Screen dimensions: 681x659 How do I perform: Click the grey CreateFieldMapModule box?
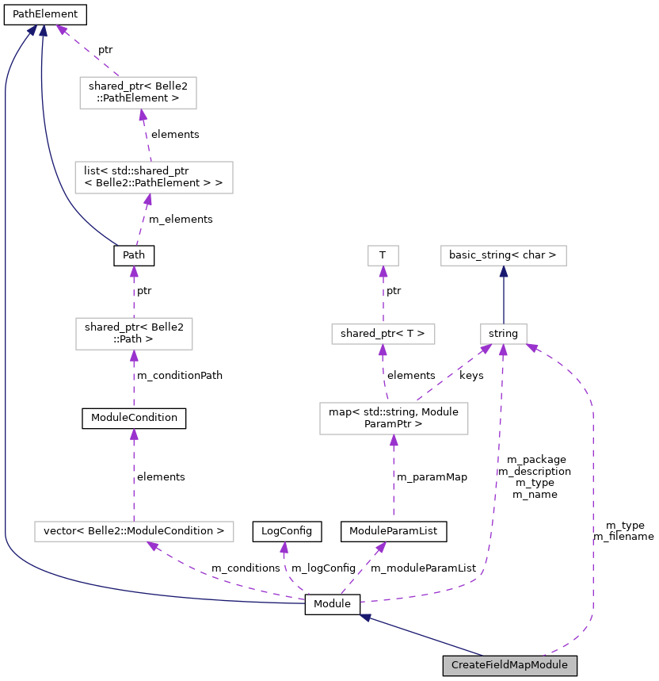tap(509, 665)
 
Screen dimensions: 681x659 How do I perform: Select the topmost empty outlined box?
tap(138, 93)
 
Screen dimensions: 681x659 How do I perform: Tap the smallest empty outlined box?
tap(383, 255)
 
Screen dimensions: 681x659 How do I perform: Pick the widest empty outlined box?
tap(134, 531)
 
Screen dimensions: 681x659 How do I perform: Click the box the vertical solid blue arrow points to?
tap(504, 255)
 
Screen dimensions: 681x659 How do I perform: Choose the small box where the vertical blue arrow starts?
tap(504, 334)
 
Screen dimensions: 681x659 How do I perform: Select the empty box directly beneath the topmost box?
tap(154, 178)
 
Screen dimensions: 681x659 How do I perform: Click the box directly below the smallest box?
tap(383, 334)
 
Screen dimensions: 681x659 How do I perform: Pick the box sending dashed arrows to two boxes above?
tap(394, 419)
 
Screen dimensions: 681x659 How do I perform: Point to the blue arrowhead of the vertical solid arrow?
tap(504, 271)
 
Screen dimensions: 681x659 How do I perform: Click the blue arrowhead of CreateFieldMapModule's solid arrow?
tap(365, 617)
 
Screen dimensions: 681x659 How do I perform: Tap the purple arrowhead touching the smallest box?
tap(383, 271)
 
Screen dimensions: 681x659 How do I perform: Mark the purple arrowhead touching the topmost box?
tap(143, 115)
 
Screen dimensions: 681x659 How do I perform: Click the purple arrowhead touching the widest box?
tap(153, 545)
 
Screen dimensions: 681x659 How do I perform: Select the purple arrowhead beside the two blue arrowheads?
tap(61, 30)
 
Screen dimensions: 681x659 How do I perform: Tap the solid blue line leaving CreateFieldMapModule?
tap(428, 637)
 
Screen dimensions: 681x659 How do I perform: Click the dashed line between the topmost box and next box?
tap(147, 136)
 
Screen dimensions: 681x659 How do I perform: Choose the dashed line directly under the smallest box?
tap(383, 297)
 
